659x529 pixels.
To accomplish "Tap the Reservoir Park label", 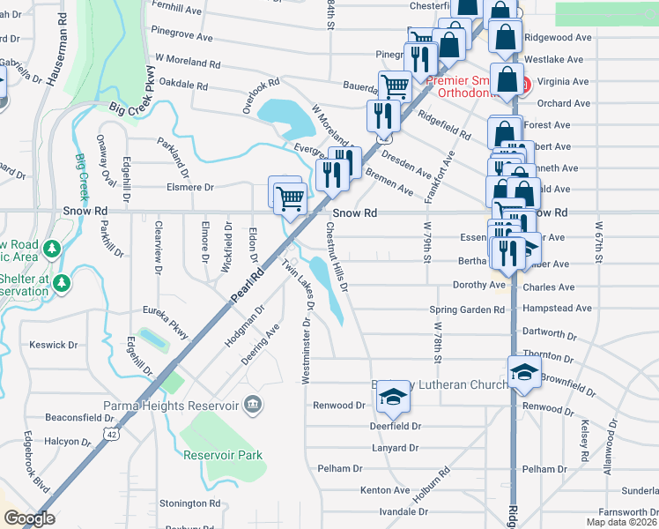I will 223,456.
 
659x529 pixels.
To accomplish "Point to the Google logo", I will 28,518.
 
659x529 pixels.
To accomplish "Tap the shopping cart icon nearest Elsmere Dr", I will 289,199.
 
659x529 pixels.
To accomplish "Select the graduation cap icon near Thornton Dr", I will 523,371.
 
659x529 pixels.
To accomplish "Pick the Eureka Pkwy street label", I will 166,323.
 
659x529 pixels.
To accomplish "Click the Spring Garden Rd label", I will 466,309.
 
